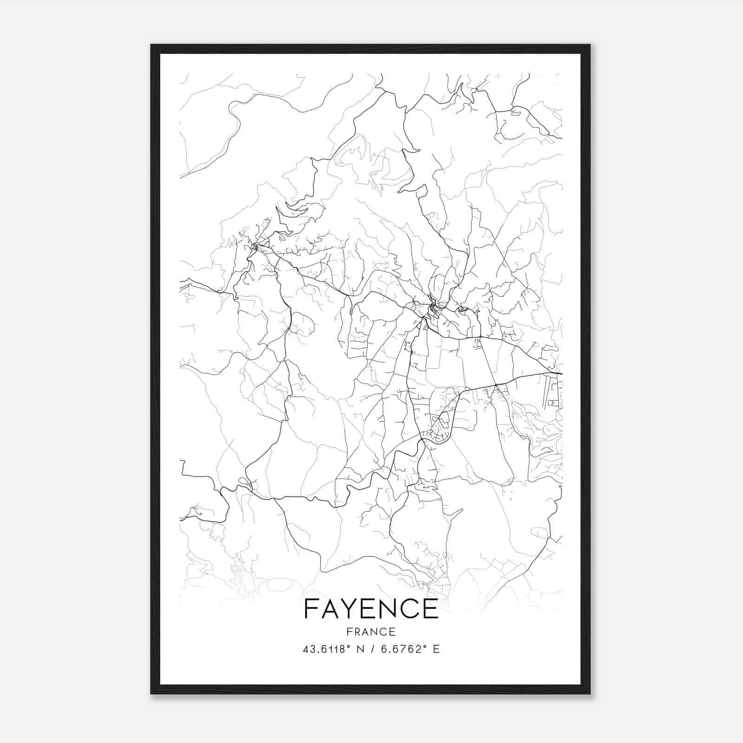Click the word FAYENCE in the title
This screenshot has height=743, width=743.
pos(371,609)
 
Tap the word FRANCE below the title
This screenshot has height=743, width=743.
pos(371,632)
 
